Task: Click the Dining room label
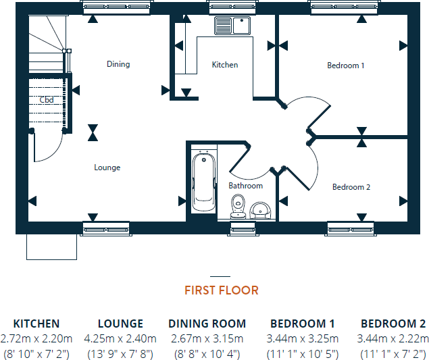118,64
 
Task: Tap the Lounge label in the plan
107,168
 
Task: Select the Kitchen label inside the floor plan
225,65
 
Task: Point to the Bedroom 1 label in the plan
346,66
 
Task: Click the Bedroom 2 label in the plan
351,187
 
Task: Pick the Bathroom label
245,185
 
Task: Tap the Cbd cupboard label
47,100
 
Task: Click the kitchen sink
232,26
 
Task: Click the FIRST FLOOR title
221,290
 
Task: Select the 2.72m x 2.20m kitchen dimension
36,338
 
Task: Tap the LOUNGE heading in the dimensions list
120,324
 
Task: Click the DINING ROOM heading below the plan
207,324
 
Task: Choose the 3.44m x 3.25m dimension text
303,338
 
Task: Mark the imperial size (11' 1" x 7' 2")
393,353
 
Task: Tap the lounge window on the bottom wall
105,229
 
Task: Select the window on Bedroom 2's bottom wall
351,229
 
